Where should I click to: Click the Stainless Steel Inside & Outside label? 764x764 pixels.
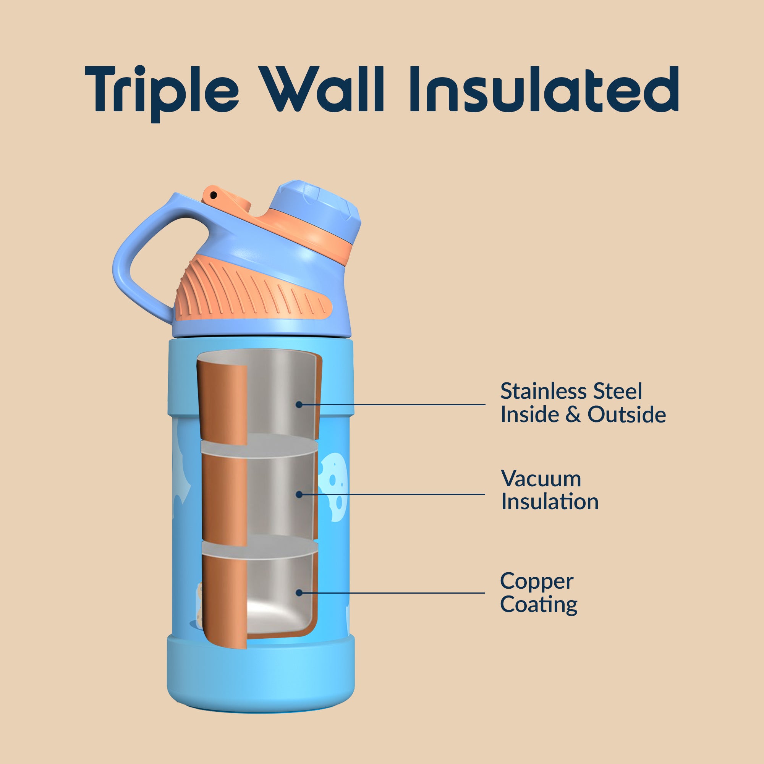point(583,403)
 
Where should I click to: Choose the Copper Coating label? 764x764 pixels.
point(539,593)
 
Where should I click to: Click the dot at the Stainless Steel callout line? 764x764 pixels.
point(299,405)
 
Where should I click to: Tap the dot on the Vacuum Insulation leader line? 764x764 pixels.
point(299,494)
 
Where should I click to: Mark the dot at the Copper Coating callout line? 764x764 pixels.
point(299,593)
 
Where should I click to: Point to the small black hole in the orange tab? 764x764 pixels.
point(214,195)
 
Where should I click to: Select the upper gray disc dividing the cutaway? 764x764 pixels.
point(259,446)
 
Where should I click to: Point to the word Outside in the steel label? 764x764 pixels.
point(627,414)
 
